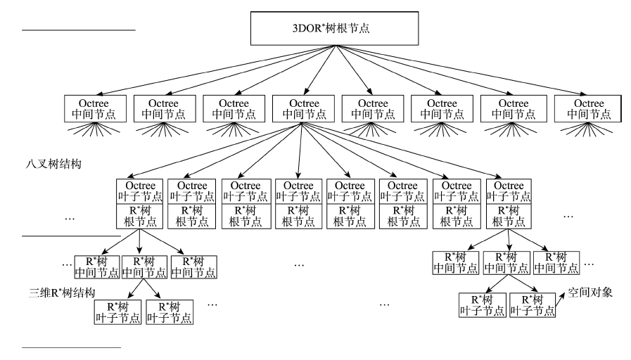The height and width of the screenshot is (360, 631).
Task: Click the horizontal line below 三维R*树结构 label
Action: [71, 347]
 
